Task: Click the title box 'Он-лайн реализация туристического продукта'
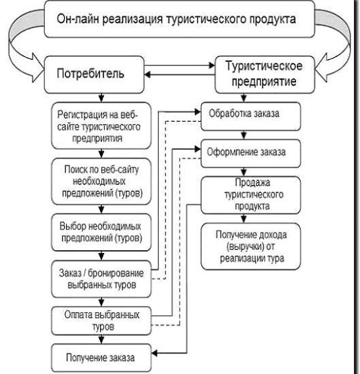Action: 180,18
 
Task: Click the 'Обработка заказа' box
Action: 244,113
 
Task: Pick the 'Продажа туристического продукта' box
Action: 244,194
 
